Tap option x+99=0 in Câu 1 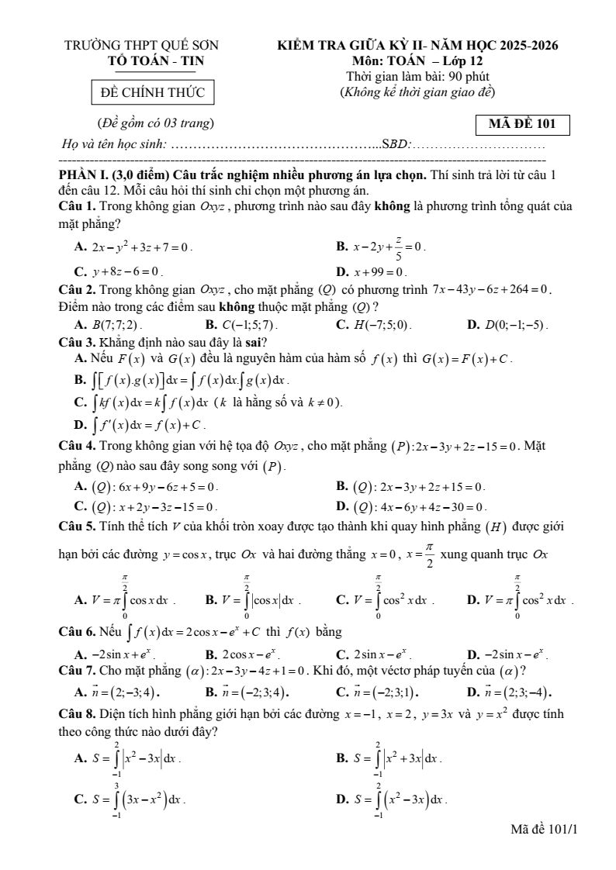click(380, 272)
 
